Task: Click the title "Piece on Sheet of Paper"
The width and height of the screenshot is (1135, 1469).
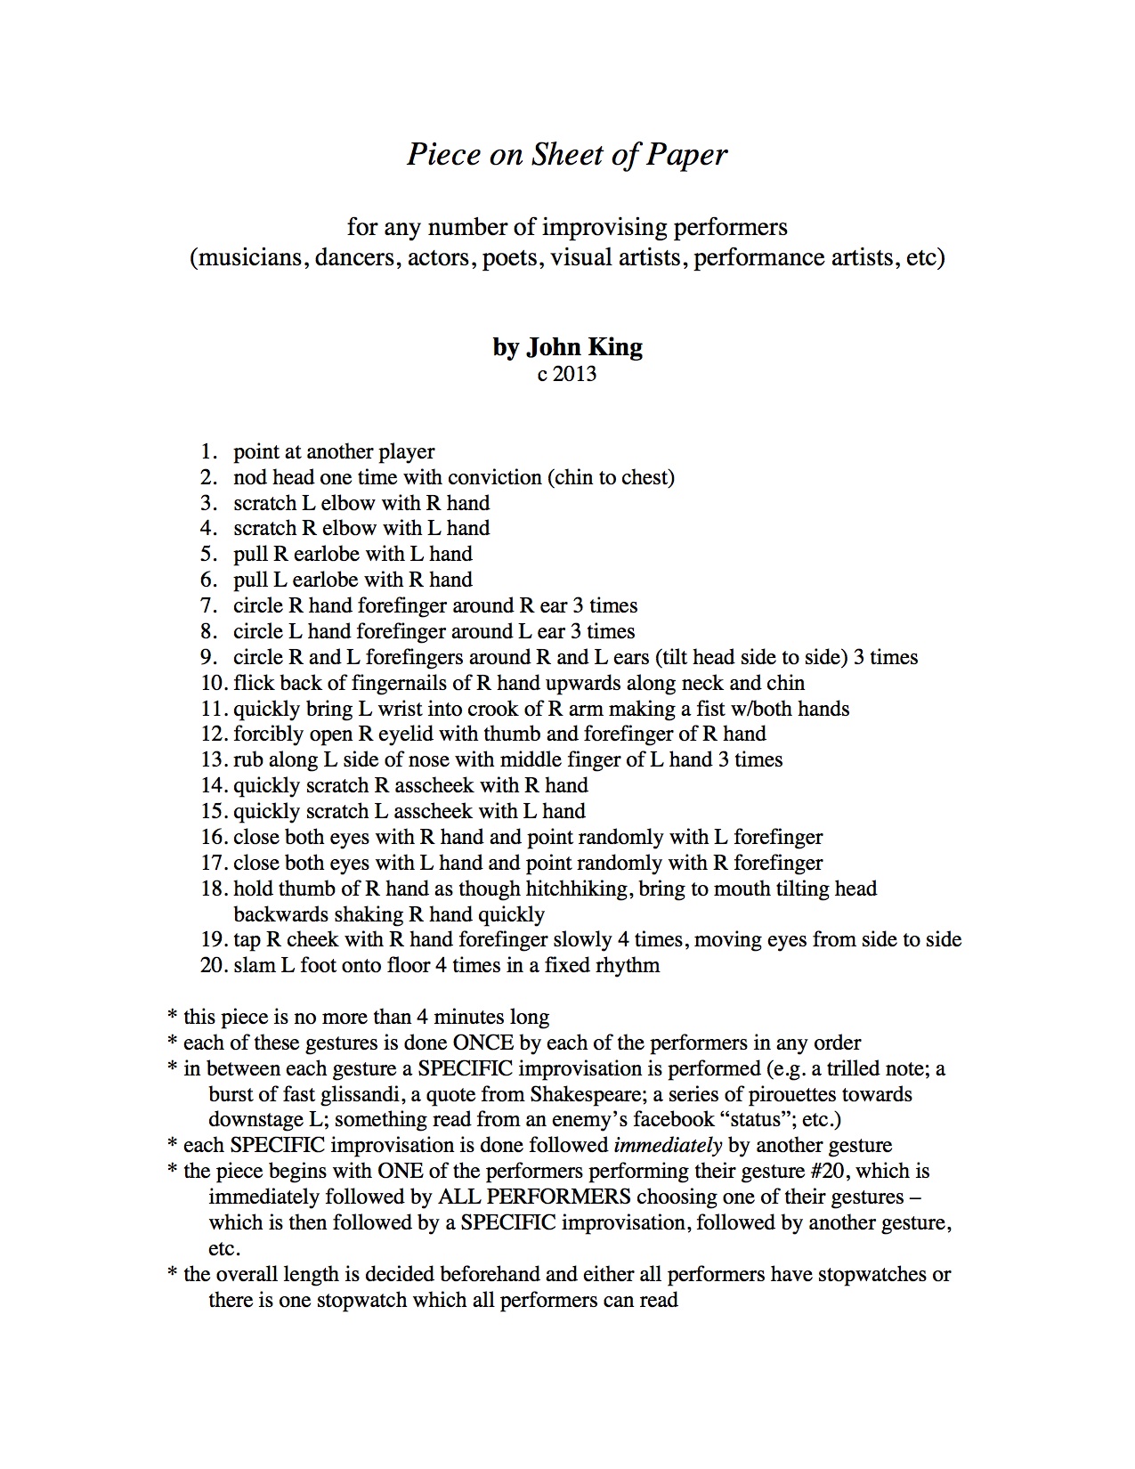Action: (x=567, y=155)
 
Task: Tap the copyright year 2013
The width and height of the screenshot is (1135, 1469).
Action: (x=575, y=374)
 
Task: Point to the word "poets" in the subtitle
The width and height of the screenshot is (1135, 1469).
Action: (x=510, y=258)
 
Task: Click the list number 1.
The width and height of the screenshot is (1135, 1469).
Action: (x=208, y=452)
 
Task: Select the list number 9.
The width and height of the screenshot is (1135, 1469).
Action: (x=208, y=658)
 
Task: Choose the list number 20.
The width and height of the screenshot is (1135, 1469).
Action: (x=214, y=966)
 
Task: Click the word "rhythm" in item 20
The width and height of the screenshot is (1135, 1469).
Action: (x=626, y=966)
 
